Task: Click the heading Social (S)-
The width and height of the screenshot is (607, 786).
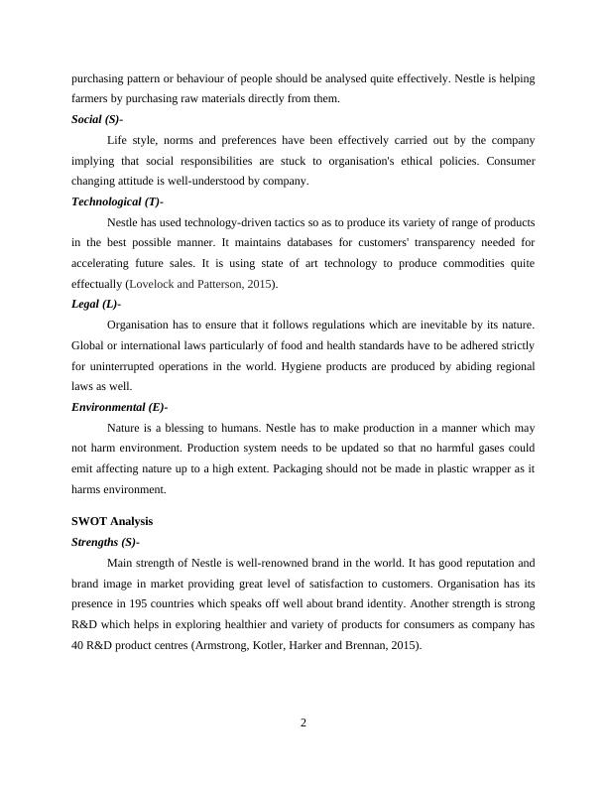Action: [x=97, y=119]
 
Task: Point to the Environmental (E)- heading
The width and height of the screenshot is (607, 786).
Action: [x=120, y=407]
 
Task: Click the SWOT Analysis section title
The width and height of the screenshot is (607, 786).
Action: [x=112, y=521]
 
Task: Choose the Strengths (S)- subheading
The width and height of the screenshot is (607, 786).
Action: [x=105, y=542]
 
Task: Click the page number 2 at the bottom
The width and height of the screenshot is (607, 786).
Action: [x=303, y=721]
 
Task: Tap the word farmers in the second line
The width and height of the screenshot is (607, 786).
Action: [x=91, y=98]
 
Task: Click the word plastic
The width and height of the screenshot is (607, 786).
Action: [x=457, y=468]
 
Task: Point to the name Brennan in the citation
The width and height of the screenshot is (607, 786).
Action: [x=380, y=646]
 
